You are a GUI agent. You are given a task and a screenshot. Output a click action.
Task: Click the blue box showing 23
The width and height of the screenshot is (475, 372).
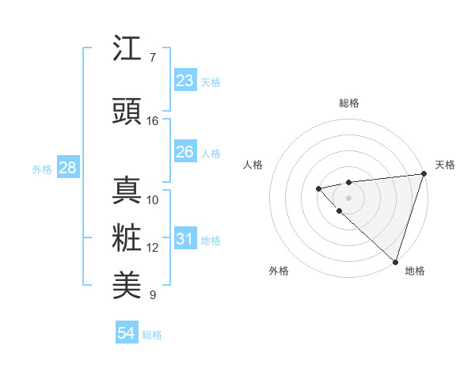[184, 81]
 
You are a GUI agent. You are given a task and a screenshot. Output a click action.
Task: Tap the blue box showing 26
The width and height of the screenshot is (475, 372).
[184, 152]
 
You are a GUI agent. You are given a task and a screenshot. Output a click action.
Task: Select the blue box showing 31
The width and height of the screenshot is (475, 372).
[184, 239]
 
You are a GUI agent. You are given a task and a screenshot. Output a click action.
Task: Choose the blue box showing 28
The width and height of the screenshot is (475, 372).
[67, 168]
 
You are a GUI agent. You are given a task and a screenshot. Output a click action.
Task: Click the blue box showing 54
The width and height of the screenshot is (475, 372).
[127, 333]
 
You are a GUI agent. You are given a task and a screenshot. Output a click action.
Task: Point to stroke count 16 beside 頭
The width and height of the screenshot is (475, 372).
[153, 121]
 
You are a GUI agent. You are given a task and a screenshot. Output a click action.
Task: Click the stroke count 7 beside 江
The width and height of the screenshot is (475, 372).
[152, 58]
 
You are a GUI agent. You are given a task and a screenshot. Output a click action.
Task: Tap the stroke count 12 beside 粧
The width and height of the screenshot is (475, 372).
[153, 248]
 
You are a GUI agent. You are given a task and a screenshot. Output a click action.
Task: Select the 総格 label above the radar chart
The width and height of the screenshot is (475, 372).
[348, 103]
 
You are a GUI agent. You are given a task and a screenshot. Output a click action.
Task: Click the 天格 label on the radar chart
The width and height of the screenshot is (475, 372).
[445, 165]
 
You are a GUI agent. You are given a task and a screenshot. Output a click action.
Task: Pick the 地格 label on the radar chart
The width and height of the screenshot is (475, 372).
[415, 271]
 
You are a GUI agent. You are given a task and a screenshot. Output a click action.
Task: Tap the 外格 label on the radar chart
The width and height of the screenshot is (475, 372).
[279, 271]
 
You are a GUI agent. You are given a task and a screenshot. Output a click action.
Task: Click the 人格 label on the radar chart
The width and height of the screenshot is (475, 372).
[253, 165]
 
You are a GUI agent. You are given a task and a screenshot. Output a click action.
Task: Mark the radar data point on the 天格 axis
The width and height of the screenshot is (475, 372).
[424, 174]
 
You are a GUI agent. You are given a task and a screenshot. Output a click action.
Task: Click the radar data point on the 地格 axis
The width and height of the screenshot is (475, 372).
[394, 261]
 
